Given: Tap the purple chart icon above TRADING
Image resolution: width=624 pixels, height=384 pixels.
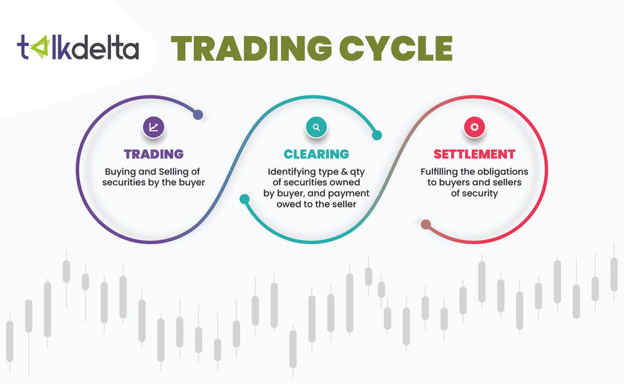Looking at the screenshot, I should pos(153,127).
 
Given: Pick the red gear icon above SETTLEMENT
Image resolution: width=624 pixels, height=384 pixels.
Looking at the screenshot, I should pos(474,127).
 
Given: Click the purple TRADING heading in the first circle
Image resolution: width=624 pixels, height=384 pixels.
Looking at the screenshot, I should pos(153,154).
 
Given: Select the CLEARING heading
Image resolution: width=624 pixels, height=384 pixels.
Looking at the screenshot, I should pos(316,154).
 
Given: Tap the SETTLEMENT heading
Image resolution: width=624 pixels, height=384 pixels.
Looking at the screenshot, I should pos(474,154).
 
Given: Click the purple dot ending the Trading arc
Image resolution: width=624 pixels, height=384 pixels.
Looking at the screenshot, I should pos(198,115).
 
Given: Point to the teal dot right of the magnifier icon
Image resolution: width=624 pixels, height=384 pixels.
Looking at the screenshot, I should pos(376,134).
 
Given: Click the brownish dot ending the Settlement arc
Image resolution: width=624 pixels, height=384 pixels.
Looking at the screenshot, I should pos(426,224).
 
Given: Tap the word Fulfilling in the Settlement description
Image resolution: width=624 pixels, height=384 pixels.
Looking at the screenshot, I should pos(442,171).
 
